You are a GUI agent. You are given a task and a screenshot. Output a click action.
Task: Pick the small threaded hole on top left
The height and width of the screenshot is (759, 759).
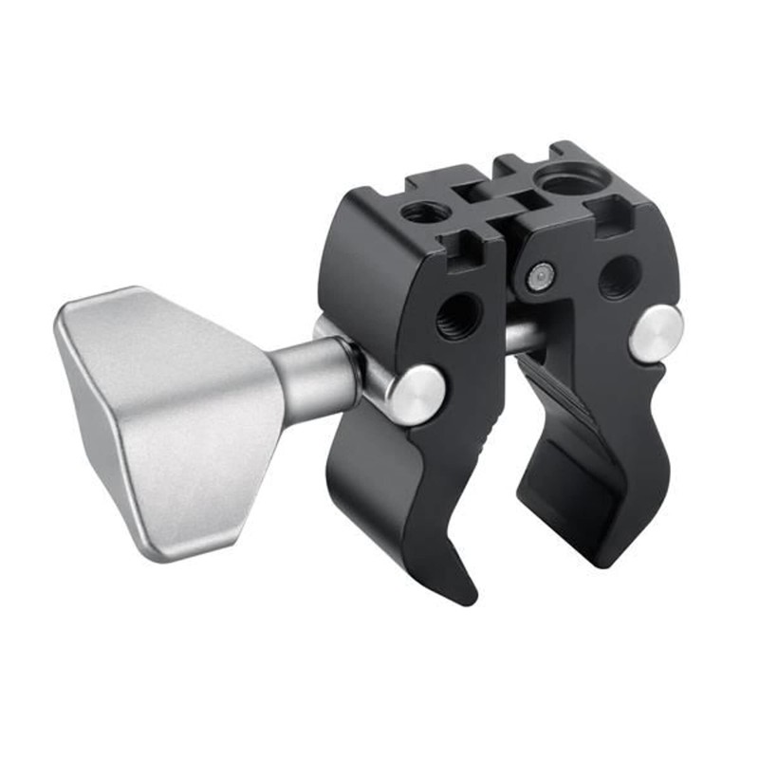coord(421,211)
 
